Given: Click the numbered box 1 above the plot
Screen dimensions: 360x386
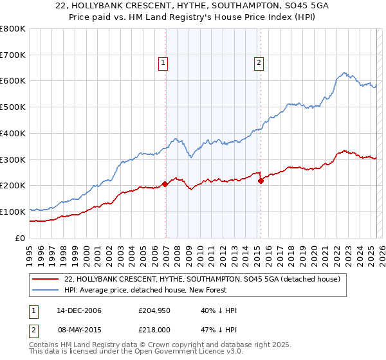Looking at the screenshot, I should click(x=163, y=63).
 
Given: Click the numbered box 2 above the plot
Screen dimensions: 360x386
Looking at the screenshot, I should click(x=259, y=63).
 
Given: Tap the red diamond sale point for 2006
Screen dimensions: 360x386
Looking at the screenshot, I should click(x=165, y=184).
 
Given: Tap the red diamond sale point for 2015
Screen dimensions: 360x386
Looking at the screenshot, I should click(x=261, y=181).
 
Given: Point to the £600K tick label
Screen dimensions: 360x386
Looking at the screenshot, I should click(x=13, y=81).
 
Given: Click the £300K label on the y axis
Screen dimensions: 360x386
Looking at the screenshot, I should click(x=13, y=159).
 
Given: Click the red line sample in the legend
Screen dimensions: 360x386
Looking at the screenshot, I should click(x=45, y=279).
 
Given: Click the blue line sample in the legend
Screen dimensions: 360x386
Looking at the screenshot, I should click(x=45, y=290).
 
